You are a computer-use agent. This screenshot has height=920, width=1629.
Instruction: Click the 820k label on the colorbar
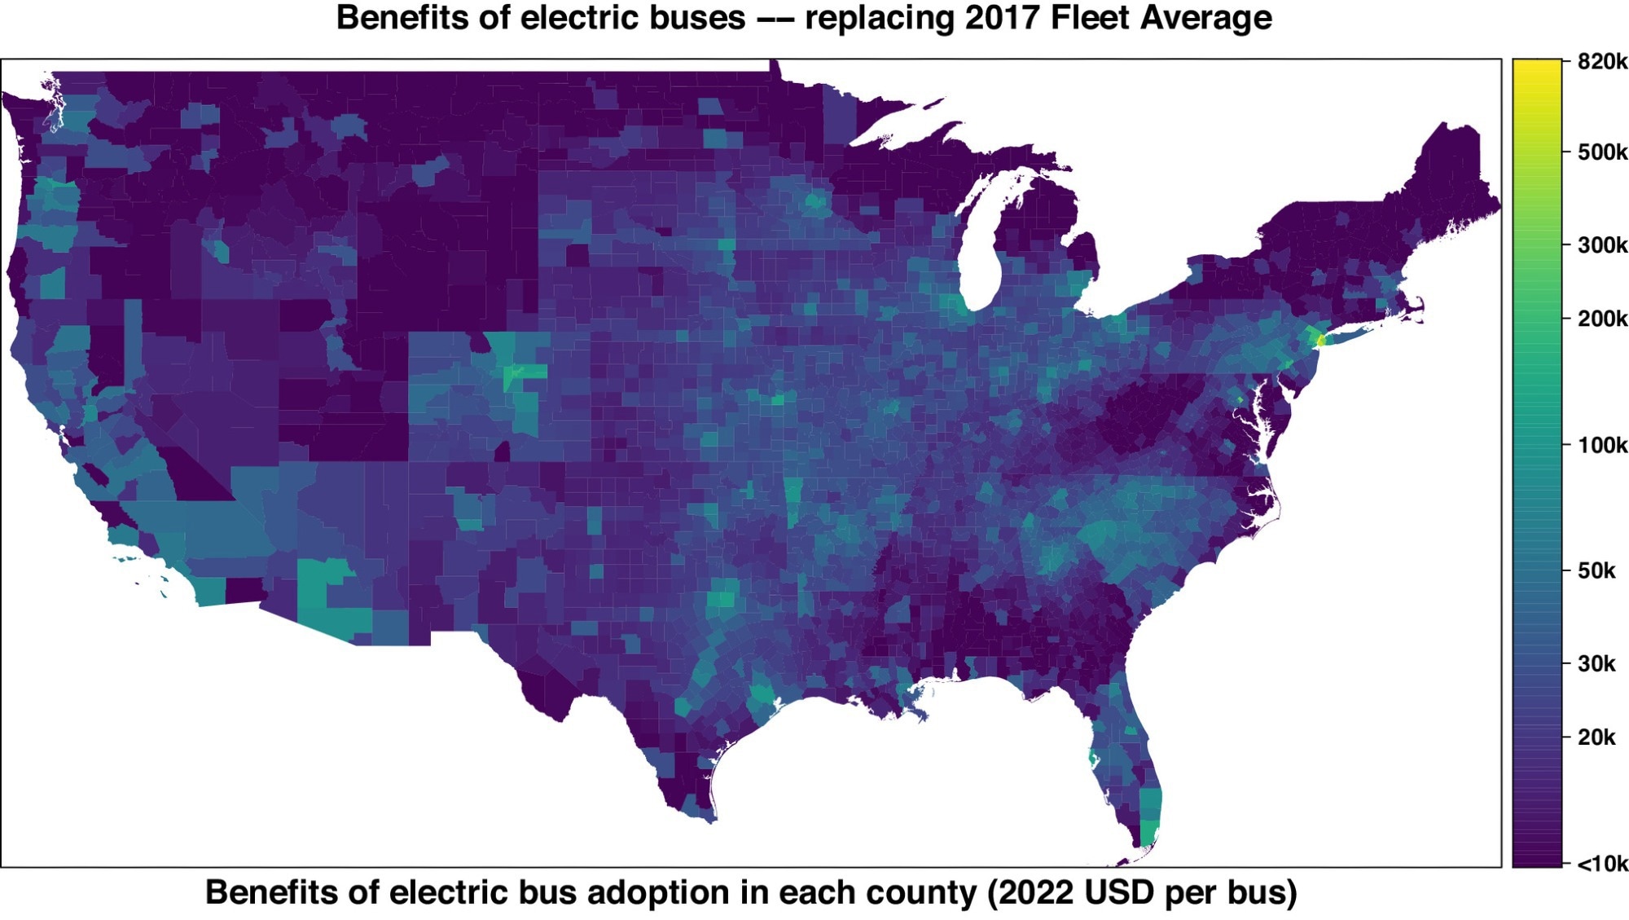click(x=1601, y=62)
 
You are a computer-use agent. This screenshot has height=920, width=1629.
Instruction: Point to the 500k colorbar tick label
click(x=1601, y=152)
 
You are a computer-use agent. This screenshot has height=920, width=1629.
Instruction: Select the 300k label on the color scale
click(x=1601, y=245)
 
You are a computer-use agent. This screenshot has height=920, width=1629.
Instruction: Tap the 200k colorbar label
click(x=1601, y=319)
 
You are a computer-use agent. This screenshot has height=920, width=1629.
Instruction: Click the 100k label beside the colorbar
click(x=1601, y=446)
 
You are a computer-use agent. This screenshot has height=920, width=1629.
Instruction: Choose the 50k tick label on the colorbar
click(x=1596, y=571)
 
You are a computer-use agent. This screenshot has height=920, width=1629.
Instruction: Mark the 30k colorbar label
click(x=1596, y=664)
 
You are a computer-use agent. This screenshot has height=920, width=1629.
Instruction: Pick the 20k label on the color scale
click(x=1596, y=737)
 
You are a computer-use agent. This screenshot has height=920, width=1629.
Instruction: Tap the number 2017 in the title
click(x=1003, y=18)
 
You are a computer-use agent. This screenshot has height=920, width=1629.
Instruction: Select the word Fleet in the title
click(x=1090, y=18)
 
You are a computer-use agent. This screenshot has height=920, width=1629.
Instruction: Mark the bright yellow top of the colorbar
click(x=1536, y=73)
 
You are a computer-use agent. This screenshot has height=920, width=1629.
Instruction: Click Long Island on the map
click(x=1352, y=333)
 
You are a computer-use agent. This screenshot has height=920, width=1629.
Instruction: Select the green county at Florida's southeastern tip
click(x=1148, y=833)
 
